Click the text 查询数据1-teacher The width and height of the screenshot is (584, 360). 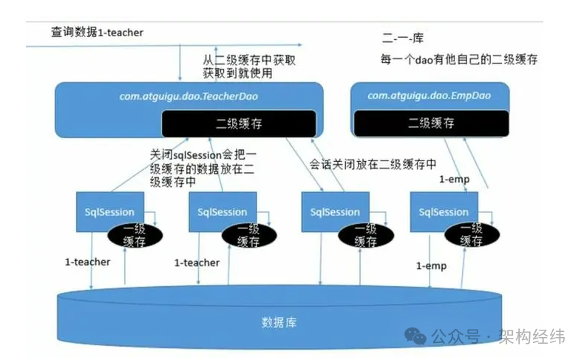coord(96,33)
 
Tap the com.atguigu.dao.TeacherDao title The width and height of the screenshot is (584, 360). coord(189,96)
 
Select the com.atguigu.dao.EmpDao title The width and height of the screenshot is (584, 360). coord(429,95)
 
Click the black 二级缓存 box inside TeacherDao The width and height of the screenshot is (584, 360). coord(238,123)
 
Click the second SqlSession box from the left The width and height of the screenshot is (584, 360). coord(222,211)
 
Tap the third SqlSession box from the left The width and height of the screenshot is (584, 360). coord(334,211)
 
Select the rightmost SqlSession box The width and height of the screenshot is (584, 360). coord(444,211)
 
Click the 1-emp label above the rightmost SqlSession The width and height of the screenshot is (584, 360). coord(452,179)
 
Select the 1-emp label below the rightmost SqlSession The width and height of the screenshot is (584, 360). coord(429,265)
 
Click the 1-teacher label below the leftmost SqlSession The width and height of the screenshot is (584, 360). coord(87,262)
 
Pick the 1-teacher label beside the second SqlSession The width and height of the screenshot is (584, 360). coord(197,262)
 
